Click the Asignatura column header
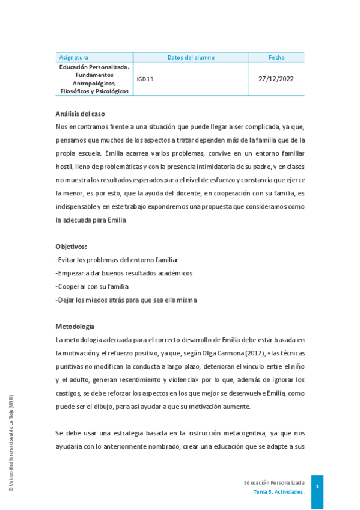pyautogui.click(x=74, y=57)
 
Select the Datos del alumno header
pyautogui.click(x=191, y=57)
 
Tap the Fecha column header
pyautogui.click(x=276, y=57)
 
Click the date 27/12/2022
pyautogui.click(x=276, y=79)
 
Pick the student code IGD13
pyautogui.click(x=145, y=79)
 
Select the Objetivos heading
pyautogui.click(x=71, y=247)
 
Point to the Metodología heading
pyautogui.click(x=75, y=327)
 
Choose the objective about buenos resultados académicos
pyautogui.click(x=124, y=273)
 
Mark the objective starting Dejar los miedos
pyautogui.click(x=126, y=300)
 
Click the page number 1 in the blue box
pyautogui.click(x=317, y=486)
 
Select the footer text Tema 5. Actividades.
pyautogui.click(x=279, y=491)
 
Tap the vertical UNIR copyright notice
pyautogui.click(x=11, y=444)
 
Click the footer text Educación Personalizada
pyautogui.click(x=274, y=482)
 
